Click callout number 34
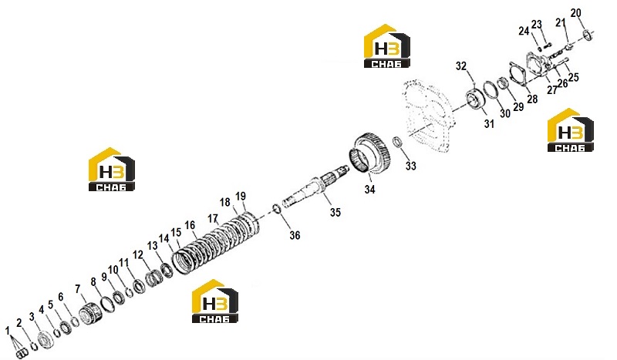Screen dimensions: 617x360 369,189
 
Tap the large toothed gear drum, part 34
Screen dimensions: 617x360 369,154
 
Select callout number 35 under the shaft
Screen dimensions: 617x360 335,213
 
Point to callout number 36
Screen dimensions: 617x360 295,235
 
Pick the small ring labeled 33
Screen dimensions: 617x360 397,142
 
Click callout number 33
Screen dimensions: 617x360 410,166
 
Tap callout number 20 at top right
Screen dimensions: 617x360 575,13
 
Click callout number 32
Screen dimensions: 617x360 460,66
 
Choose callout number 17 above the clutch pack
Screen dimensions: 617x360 213,218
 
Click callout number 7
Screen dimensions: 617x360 78,290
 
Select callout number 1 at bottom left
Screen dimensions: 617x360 7,331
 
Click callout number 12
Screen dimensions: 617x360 138,255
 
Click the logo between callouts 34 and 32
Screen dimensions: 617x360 387,46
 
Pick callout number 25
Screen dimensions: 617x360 573,77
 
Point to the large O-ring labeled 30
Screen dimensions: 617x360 491,91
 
